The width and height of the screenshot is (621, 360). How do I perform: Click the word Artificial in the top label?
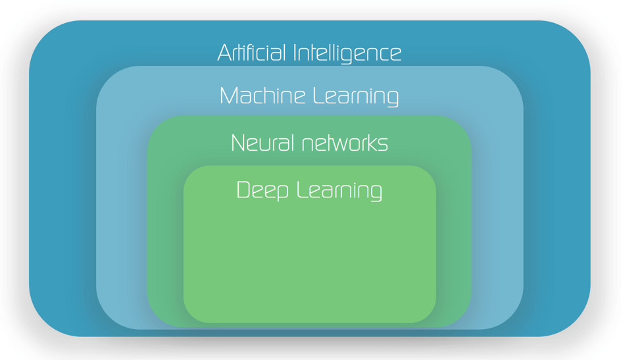[251, 53]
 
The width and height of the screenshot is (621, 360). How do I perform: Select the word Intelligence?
[347, 54]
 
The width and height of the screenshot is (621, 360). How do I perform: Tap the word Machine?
[262, 95]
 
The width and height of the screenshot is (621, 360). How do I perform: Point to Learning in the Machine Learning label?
[356, 97]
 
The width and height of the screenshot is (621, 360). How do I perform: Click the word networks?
[345, 143]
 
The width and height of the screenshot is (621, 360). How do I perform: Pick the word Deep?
[262, 191]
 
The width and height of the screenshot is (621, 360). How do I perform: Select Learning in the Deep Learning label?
[339, 191]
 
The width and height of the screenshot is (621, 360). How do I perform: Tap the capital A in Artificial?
[225, 53]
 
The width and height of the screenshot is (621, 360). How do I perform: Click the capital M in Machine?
[229, 95]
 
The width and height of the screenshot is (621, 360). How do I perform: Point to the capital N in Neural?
[238, 143]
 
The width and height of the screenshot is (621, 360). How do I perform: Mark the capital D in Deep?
[243, 190]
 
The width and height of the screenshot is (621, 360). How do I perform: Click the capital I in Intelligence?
[295, 53]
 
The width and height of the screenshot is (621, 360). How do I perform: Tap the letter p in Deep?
[282, 192]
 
